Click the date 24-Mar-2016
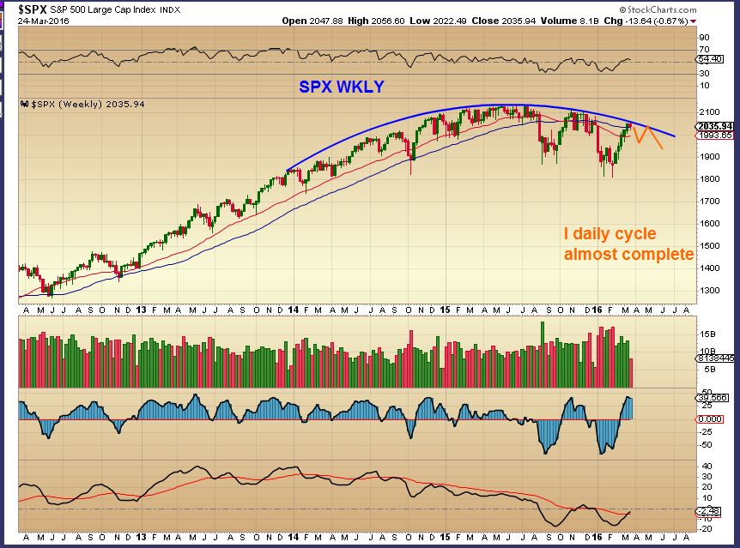coord(44,21)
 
